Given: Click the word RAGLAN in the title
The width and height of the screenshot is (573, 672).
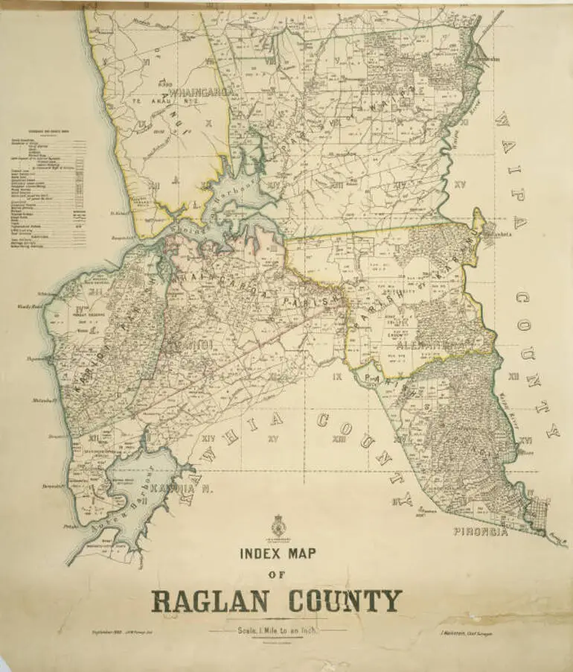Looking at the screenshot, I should pos(208,600).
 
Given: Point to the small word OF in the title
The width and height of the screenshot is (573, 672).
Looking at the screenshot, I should pos(277,575).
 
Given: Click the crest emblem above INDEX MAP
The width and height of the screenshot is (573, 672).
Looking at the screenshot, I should pos(278,524).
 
